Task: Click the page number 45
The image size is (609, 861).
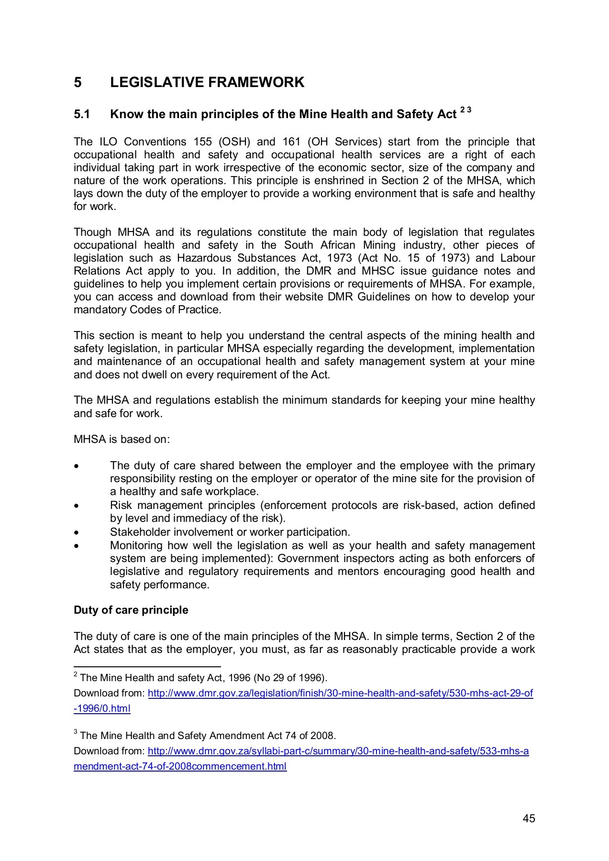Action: pyautogui.click(x=529, y=818)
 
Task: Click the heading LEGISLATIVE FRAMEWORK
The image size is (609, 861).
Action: pyautogui.click(x=207, y=82)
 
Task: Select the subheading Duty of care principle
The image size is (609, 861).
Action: pyautogui.click(x=131, y=610)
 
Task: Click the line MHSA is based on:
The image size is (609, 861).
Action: pyautogui.click(x=122, y=439)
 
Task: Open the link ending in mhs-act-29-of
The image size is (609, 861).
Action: pyautogui.click(x=340, y=693)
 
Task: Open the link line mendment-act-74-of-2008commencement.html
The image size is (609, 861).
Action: pyautogui.click(x=180, y=766)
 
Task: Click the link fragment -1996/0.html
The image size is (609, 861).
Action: pyautogui.click(x=102, y=708)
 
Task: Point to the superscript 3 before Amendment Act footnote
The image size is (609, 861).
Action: pyautogui.click(x=76, y=732)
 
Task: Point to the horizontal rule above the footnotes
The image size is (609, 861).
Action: pyautogui.click(x=147, y=666)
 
